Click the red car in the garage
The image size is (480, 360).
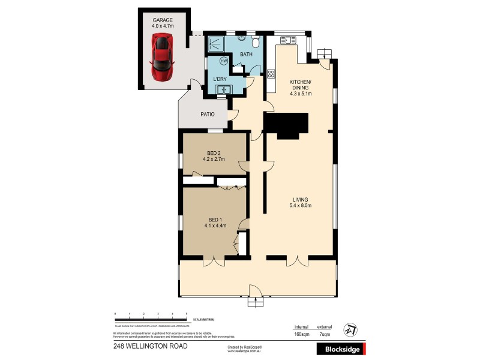tap(161, 58)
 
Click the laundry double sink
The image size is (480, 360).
tap(225, 90)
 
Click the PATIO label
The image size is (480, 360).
tap(208, 114)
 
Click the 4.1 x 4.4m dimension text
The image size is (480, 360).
tap(215, 225)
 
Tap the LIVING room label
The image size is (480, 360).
tap(300, 200)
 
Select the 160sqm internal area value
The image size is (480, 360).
tap(301, 334)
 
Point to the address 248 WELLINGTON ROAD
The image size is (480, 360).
tap(150, 346)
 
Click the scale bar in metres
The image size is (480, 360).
tap(151, 316)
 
